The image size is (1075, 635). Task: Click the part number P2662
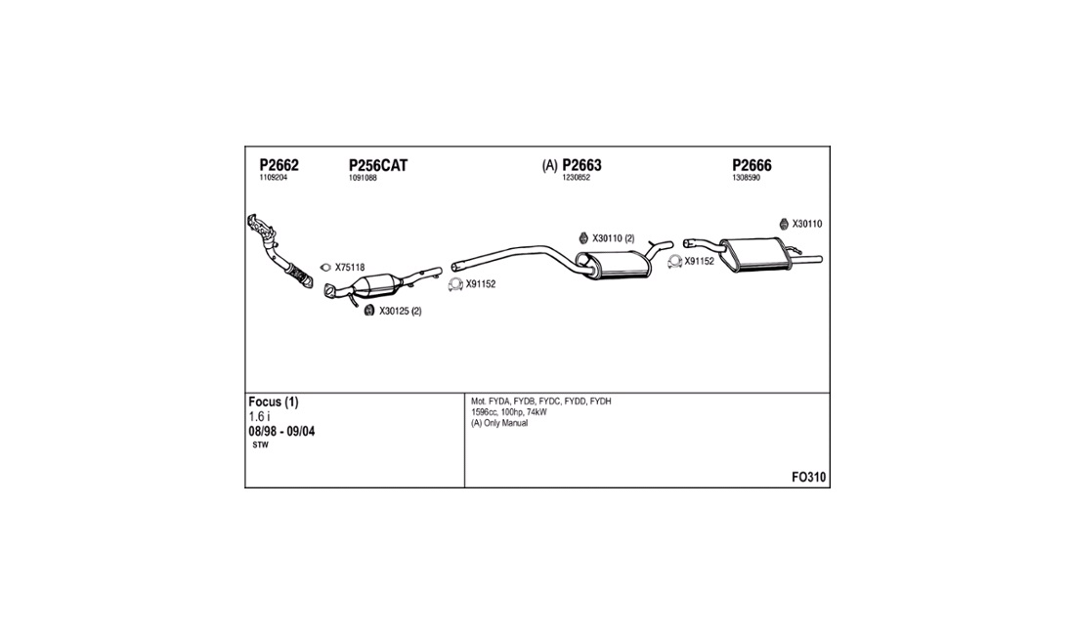click(x=279, y=165)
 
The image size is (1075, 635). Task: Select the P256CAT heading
click(x=378, y=165)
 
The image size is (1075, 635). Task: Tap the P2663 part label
click(x=581, y=165)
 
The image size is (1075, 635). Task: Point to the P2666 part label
click(x=752, y=165)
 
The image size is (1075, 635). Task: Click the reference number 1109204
click(x=273, y=178)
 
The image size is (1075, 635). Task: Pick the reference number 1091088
click(x=363, y=178)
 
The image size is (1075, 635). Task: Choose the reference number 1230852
click(x=576, y=178)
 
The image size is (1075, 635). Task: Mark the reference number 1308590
click(x=746, y=178)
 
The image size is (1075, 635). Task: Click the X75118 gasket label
click(x=350, y=268)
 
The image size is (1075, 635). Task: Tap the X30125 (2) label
click(x=401, y=311)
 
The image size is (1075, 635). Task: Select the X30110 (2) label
click(x=614, y=238)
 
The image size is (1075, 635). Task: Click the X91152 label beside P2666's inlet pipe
click(x=700, y=261)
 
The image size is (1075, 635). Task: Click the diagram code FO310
click(x=809, y=478)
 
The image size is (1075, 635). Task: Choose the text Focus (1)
click(x=273, y=402)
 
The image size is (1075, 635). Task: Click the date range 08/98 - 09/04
click(x=281, y=432)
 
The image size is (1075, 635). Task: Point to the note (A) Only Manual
click(x=499, y=423)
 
